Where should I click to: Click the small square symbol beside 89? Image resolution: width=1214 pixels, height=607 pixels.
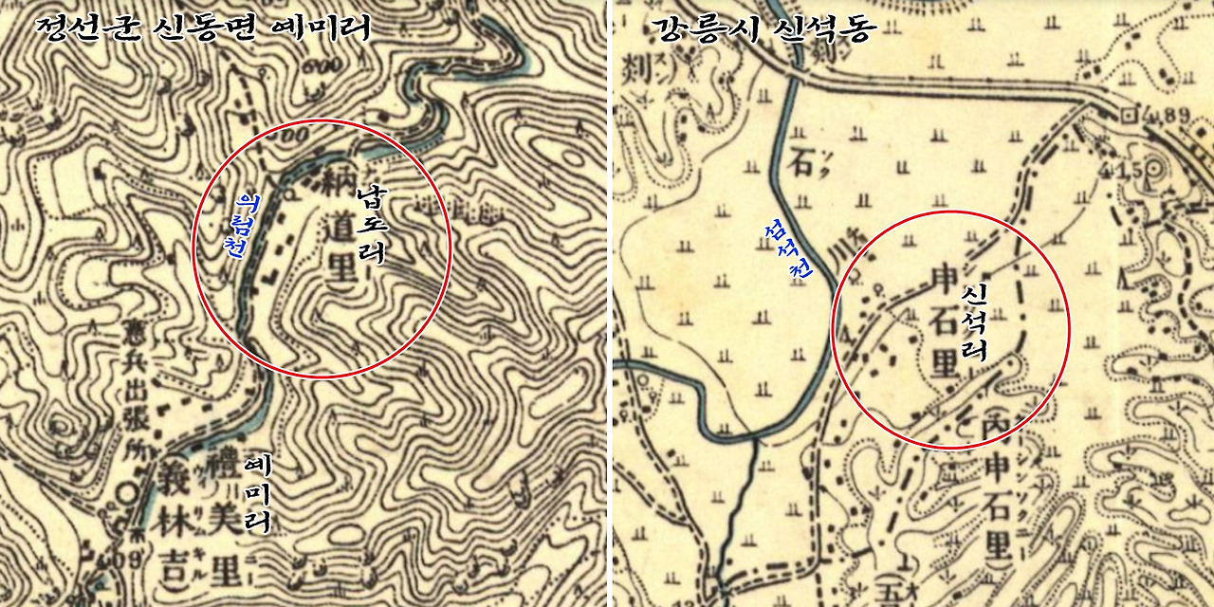(x=1130, y=115)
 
